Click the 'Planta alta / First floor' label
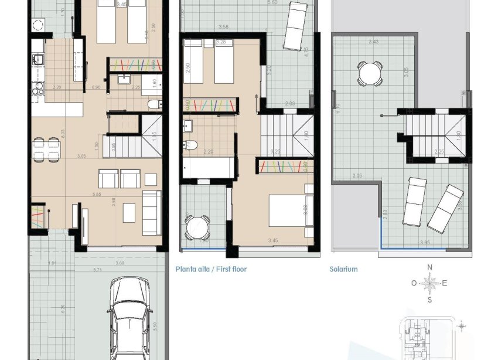coord(211,270)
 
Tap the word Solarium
coord(343,270)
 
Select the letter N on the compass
coord(429,267)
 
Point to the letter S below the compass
coord(429,300)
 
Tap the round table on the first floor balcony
coord(197,227)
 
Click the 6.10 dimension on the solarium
coord(336,108)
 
